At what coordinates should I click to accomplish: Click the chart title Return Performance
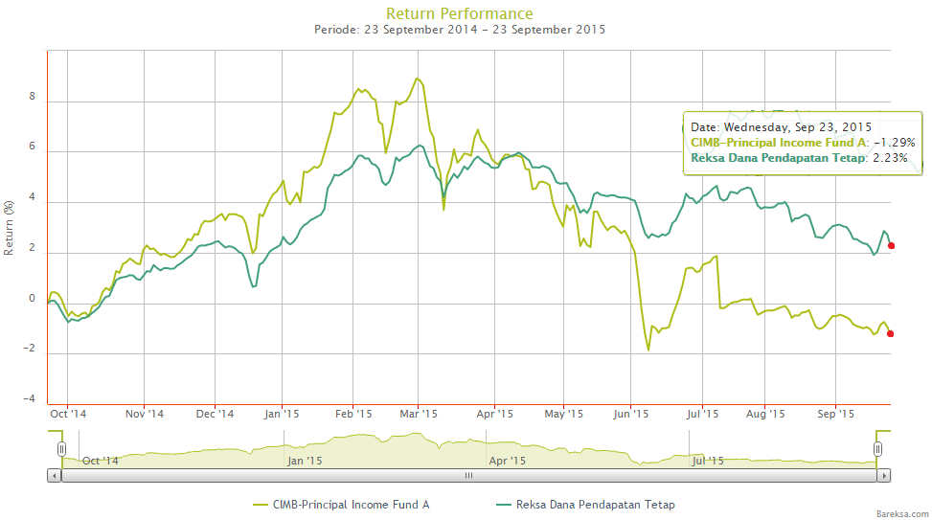(459, 13)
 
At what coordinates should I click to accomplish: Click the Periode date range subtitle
(459, 30)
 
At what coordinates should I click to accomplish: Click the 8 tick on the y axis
(33, 97)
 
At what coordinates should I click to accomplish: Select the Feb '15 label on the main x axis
(353, 414)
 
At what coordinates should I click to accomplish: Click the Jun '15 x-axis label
(631, 414)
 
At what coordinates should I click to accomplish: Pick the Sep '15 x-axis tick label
(835, 414)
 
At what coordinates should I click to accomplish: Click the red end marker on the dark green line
(891, 246)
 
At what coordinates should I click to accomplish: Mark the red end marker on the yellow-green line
(891, 333)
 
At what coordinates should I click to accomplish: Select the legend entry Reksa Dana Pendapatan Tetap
(595, 504)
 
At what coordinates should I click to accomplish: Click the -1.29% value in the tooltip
(894, 142)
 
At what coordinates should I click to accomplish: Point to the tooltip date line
(781, 125)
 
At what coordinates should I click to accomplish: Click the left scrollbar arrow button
(54, 475)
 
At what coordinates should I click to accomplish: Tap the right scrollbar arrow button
(883, 475)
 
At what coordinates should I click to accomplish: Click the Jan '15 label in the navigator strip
(303, 461)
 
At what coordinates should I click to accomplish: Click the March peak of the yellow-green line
(417, 79)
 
